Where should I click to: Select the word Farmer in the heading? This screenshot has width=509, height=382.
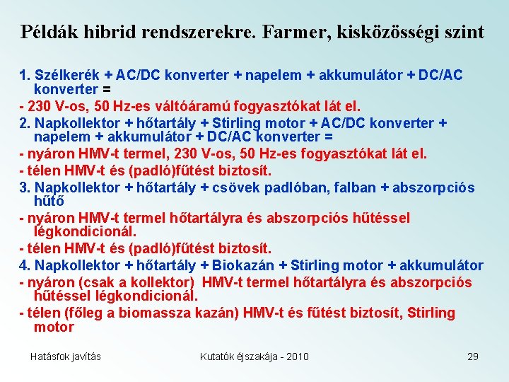point(300,32)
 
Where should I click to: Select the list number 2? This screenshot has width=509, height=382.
point(24,123)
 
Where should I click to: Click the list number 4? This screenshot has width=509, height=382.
point(24,265)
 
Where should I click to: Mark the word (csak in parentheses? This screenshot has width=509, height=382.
point(86,282)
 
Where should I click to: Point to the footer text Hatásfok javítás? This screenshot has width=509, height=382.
point(65,356)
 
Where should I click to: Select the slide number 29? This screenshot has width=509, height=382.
point(473,356)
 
